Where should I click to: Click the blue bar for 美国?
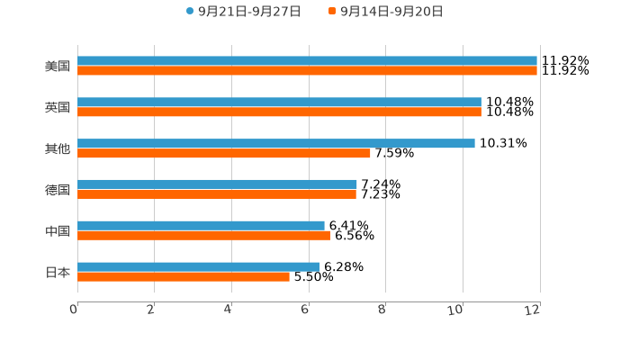tap(307, 61)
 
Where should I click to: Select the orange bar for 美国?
tap(307, 71)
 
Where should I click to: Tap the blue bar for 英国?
tap(279, 103)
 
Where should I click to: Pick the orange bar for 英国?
tap(279, 112)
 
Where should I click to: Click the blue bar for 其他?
tap(276, 144)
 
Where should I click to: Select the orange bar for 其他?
tap(224, 153)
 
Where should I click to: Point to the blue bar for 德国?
tap(217, 184)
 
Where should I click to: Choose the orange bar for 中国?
tap(203, 236)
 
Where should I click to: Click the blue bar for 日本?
tap(198, 266)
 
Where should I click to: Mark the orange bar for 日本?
tap(184, 276)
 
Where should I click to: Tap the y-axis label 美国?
tap(58, 67)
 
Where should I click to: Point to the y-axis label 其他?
tap(58, 148)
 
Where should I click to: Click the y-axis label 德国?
tap(58, 190)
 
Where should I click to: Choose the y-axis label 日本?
tap(58, 272)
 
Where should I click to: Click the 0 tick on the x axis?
tap(75, 310)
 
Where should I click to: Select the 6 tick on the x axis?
tap(306, 310)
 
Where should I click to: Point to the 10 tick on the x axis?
tap(459, 310)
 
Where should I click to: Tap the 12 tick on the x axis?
tap(535, 310)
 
